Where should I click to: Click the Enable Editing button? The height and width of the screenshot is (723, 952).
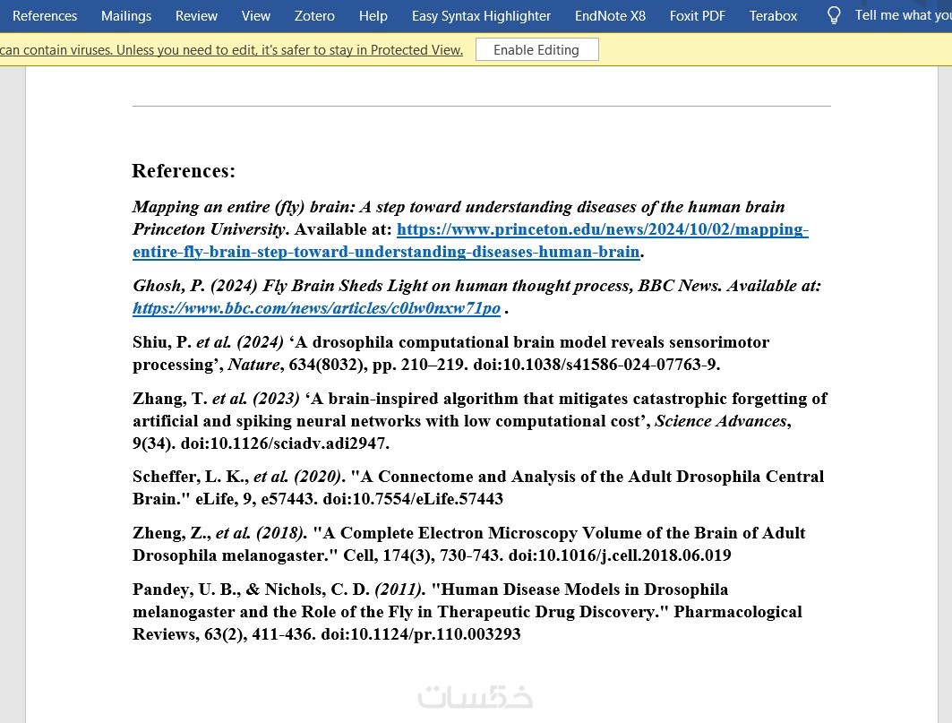[x=536, y=50]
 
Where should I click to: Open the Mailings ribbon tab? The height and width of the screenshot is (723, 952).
[x=126, y=16]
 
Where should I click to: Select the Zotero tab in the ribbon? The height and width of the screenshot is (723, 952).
[x=314, y=16]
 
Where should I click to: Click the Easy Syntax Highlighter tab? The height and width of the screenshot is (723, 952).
[x=481, y=16]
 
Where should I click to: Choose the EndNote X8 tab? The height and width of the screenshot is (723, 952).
[x=610, y=16]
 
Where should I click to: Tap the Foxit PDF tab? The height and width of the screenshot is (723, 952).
[x=698, y=16]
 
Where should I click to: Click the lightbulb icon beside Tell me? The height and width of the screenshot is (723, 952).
[x=834, y=15]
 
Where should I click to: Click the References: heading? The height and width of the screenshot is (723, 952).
[x=184, y=171]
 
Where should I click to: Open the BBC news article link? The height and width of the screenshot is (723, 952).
[x=316, y=308]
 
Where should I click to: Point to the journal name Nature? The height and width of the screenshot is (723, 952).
[x=253, y=365]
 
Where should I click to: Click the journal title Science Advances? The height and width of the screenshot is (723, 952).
[x=721, y=421]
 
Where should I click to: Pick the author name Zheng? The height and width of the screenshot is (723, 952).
[x=158, y=533]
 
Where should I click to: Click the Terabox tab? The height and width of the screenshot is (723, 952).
[x=773, y=16]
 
